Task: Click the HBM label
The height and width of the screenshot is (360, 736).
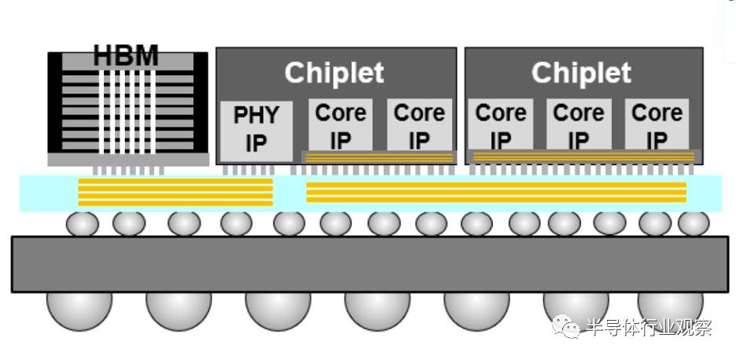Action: click(x=126, y=57)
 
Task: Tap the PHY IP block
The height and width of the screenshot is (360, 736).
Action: click(x=256, y=130)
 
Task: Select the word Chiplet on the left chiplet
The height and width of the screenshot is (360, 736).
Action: click(x=334, y=73)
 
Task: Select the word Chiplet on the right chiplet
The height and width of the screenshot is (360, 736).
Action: click(x=581, y=73)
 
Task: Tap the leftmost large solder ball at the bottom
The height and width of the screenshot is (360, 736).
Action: click(x=79, y=308)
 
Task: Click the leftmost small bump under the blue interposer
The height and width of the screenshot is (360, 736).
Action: click(x=82, y=224)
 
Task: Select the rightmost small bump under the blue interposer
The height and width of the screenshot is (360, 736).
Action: click(x=693, y=224)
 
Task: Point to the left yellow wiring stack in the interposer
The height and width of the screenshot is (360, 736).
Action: click(x=175, y=192)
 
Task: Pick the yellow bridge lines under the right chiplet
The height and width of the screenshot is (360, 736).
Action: click(x=583, y=157)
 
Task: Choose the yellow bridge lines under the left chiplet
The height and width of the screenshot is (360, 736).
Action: click(x=379, y=157)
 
